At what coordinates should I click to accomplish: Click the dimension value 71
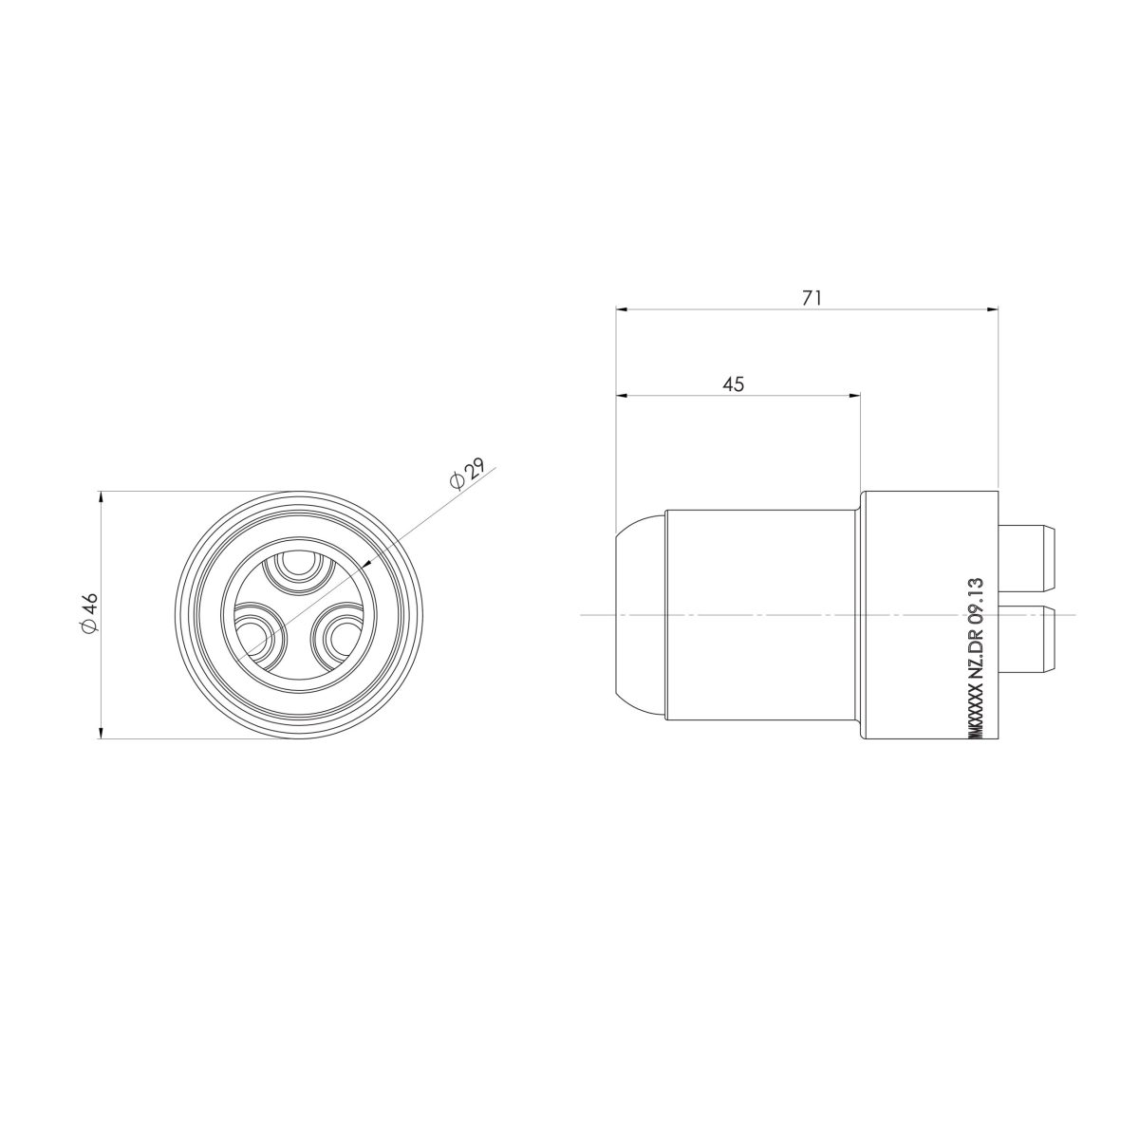coord(811,297)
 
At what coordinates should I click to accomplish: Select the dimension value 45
coord(733,383)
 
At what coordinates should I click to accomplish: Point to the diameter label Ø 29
coord(468,474)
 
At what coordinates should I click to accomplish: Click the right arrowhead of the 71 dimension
coord(993,308)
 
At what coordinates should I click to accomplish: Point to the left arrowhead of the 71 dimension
coord(623,308)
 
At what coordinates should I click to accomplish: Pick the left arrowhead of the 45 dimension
coord(623,395)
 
